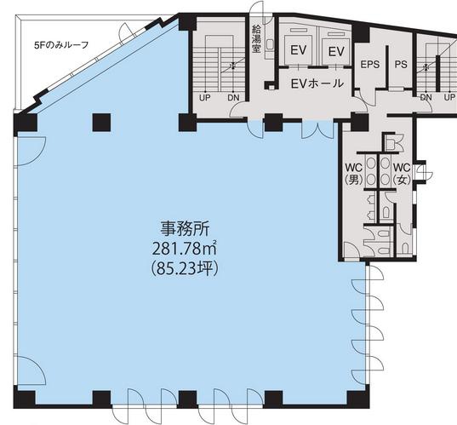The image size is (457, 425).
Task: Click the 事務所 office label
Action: tap(185, 229)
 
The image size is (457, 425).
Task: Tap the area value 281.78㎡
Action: tap(185, 249)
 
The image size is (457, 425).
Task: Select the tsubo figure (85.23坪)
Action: tap(185, 268)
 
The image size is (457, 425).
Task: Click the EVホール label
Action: tap(317, 83)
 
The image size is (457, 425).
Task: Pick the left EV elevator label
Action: tap(299, 50)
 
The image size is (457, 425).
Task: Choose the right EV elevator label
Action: tap(336, 52)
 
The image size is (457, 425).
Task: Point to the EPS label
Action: tap(370, 64)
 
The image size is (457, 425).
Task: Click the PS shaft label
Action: tap(401, 64)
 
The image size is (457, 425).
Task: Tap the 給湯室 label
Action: tap(256, 39)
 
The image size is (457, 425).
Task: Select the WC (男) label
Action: tap(354, 174)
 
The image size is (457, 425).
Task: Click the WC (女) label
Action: tap(402, 174)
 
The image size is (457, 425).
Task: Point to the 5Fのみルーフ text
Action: tap(61, 45)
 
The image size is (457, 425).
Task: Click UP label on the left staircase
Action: tap(204, 98)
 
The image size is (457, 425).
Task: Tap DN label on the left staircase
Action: tap(233, 98)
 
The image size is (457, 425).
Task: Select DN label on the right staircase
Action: tap(426, 97)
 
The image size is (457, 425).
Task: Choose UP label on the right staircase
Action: tap(449, 97)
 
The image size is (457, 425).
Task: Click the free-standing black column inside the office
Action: tap(101, 123)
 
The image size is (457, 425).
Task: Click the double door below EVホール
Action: tap(317, 129)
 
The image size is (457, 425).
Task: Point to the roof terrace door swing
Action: tap(126, 30)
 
